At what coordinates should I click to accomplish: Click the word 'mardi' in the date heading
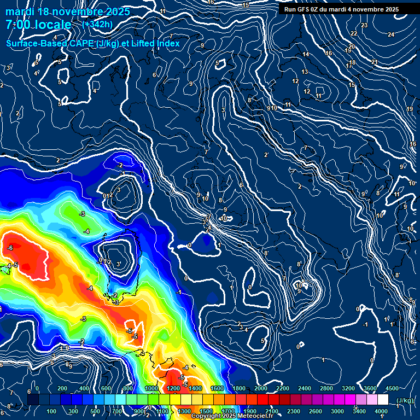[x=19, y=11]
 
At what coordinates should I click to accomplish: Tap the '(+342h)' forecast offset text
[x=97, y=24]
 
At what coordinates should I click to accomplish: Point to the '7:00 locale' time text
[x=38, y=25]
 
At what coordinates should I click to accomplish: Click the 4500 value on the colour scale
[x=392, y=388]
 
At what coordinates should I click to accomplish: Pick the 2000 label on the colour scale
[x=261, y=388]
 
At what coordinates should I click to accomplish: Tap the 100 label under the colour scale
[x=51, y=411]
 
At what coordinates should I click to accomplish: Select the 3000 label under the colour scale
[x=337, y=411]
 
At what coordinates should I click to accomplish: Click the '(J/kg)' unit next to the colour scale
[x=404, y=400]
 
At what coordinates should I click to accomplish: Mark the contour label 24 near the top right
[x=390, y=34]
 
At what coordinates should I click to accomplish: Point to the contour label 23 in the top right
[x=364, y=26]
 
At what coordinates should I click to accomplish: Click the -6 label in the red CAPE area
[x=10, y=248]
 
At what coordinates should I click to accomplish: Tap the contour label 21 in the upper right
[x=374, y=62]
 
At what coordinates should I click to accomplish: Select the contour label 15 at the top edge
[x=246, y=5]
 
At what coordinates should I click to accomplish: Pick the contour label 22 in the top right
[x=353, y=34]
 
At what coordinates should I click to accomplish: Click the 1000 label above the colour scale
[x=151, y=388]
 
